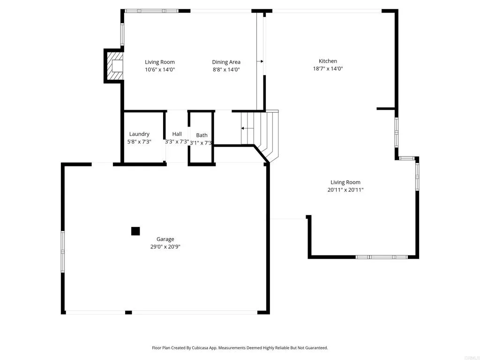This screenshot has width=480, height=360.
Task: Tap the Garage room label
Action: [165, 239]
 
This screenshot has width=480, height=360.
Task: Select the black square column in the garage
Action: [135, 231]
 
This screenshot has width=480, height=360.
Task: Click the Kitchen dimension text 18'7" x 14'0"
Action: [328, 68]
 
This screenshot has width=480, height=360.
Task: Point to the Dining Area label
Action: [226, 62]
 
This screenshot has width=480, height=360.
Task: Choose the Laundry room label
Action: [139, 134]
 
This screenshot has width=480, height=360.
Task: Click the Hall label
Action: [177, 134]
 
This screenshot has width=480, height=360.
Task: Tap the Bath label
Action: [202, 135]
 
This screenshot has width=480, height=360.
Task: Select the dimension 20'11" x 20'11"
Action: [345, 190]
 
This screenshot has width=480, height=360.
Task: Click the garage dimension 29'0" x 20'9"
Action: [165, 247]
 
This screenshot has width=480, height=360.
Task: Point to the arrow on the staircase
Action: [244, 128]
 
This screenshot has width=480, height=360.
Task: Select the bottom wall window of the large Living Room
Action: [382, 257]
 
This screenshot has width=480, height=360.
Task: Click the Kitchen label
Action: [328, 61]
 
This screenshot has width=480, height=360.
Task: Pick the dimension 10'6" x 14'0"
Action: [160, 69]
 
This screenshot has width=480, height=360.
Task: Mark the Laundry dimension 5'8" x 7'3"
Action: [139, 142]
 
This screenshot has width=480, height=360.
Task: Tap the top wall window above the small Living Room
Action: [151, 11]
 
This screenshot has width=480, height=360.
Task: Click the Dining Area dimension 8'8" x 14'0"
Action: [226, 69]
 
